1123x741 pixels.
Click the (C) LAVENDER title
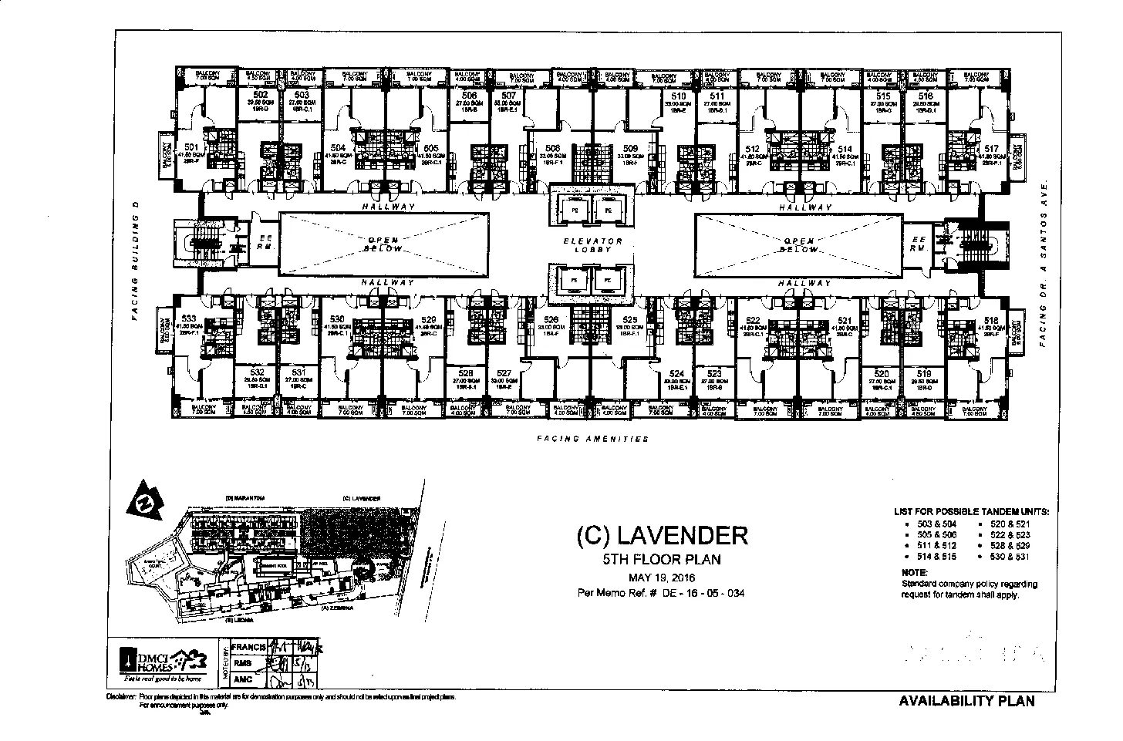662,535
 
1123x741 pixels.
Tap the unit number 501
191,147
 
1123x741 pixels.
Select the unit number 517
992,148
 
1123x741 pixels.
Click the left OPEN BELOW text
383,244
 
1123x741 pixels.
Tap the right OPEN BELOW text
801,244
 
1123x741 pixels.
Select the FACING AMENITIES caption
592,439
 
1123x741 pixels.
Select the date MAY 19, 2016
662,577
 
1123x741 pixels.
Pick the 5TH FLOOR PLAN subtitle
662,559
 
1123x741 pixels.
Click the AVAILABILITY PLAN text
966,701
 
